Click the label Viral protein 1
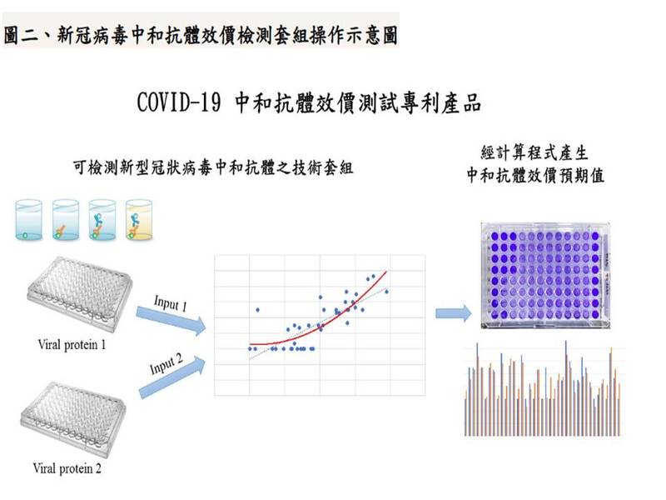pyautogui.click(x=72, y=344)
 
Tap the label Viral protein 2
pyautogui.click(x=67, y=468)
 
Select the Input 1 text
pyautogui.click(x=171, y=303)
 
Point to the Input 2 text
pyautogui.click(x=166, y=364)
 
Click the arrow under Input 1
pyautogui.click(x=171, y=320)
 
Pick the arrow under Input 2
pyautogui.click(x=172, y=377)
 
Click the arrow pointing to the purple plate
pyautogui.click(x=453, y=314)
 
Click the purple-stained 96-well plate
pyautogui.click(x=545, y=276)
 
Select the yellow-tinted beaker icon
pyautogui.click(x=139, y=220)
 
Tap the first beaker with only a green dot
pyautogui.click(x=28, y=220)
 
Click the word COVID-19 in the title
pyautogui.click(x=179, y=102)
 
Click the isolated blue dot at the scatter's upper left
pyautogui.click(x=257, y=310)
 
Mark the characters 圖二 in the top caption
pyautogui.click(x=21, y=35)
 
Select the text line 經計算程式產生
pyautogui.click(x=534, y=152)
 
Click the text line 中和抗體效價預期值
pyautogui.click(x=535, y=175)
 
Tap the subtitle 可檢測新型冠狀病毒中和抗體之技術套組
pyautogui.click(x=213, y=167)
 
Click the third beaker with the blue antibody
pyautogui.click(x=102, y=220)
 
